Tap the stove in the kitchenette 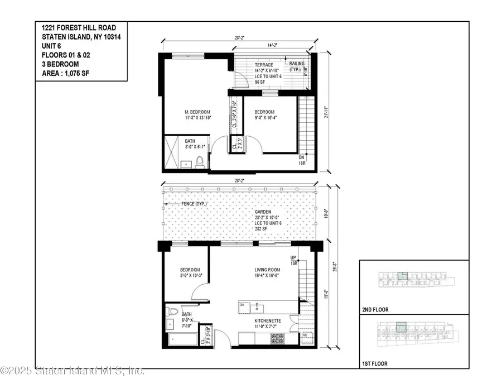click(x=277, y=338)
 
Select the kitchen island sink click(x=257, y=307)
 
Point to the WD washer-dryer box click(x=305, y=337)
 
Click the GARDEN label click(x=263, y=213)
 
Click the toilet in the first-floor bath click(x=172, y=311)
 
